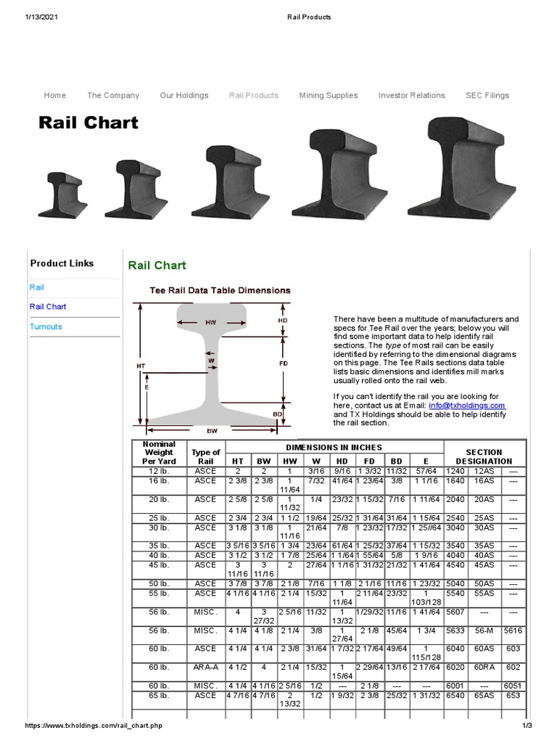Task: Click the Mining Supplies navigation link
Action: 328,95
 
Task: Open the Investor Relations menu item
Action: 411,95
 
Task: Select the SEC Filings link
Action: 487,95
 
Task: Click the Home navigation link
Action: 54,95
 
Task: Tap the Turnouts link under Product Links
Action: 46,327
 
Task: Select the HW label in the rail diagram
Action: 210,322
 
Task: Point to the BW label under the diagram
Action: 212,430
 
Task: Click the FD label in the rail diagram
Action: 283,362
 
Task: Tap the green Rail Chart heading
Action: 157,266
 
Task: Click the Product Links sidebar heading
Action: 62,263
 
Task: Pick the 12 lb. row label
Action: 159,471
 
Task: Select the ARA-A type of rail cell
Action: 205,668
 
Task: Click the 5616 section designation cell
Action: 513,631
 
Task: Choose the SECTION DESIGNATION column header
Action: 484,456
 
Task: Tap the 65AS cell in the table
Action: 484,695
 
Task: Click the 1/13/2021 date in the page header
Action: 41,17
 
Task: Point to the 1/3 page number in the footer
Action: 527,726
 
